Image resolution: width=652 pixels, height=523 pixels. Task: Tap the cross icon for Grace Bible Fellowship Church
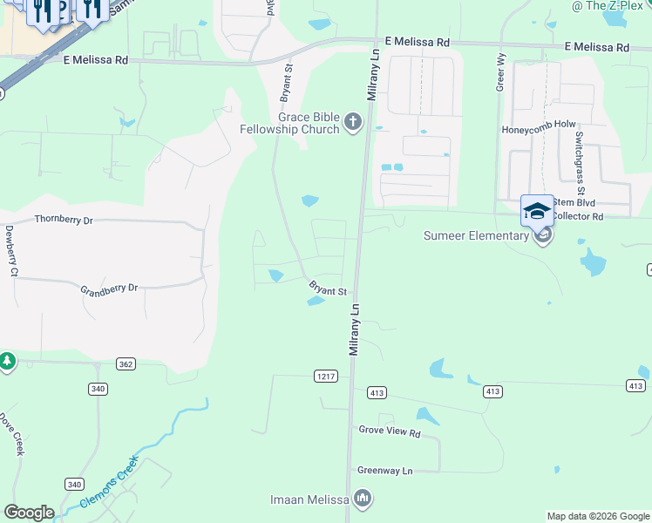point(353,121)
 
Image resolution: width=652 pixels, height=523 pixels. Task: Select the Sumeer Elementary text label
point(476,235)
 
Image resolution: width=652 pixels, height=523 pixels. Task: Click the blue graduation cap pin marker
point(537,211)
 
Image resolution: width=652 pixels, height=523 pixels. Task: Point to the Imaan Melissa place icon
point(363,499)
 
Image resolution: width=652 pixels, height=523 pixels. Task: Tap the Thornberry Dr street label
point(63,221)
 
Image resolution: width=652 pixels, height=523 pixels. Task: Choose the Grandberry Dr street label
point(109,288)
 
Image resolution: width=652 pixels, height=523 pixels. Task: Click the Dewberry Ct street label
point(11,252)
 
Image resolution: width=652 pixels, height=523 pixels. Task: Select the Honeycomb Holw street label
point(539,127)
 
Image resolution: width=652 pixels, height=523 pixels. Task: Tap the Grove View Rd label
point(390,431)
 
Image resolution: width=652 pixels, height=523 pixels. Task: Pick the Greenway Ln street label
point(384,471)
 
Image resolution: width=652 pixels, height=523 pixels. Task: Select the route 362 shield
point(127,363)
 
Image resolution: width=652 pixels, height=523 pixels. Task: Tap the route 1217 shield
point(325,376)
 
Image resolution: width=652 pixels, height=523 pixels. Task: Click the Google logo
point(29,513)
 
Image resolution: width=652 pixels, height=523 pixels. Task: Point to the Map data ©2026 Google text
point(598,516)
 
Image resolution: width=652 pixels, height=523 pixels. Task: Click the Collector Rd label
point(579,216)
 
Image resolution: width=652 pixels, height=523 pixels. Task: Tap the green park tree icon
point(7,361)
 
